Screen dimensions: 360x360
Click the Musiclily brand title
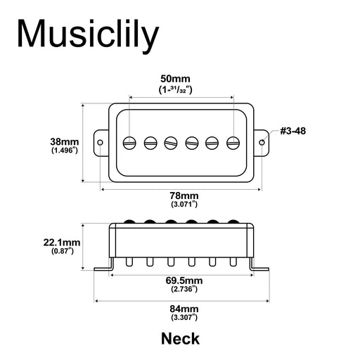[88, 35]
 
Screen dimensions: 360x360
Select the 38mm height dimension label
[65, 140]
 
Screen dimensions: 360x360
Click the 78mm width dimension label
[184, 195]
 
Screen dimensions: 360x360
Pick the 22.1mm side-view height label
[61, 243]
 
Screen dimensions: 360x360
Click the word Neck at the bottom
[180, 338]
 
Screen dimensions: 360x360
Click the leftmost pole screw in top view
[129, 142]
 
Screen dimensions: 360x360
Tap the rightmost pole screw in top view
[234, 142]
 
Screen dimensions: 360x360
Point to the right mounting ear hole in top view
[263, 142]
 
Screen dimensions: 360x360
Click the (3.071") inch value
[184, 204]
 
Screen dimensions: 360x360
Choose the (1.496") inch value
[65, 150]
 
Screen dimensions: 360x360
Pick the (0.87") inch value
[61, 252]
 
